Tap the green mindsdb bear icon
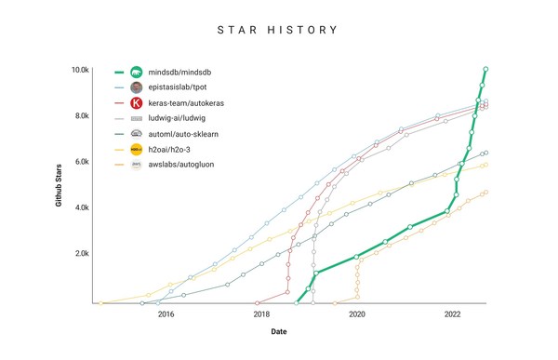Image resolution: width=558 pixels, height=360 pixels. click(136, 72)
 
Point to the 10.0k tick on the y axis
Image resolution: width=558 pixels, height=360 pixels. click(80, 70)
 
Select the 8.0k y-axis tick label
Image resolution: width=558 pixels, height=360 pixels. click(82, 115)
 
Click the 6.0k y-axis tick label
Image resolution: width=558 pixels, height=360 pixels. click(82, 161)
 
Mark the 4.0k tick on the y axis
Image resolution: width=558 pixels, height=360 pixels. click(82, 207)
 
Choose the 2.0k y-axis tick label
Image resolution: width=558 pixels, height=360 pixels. click(82, 253)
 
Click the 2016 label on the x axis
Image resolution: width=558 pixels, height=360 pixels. click(166, 314)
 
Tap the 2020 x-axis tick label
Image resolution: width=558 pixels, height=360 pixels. click(357, 314)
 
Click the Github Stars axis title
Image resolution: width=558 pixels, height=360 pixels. click(58, 185)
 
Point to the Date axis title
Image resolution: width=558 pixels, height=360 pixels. click(279, 332)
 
